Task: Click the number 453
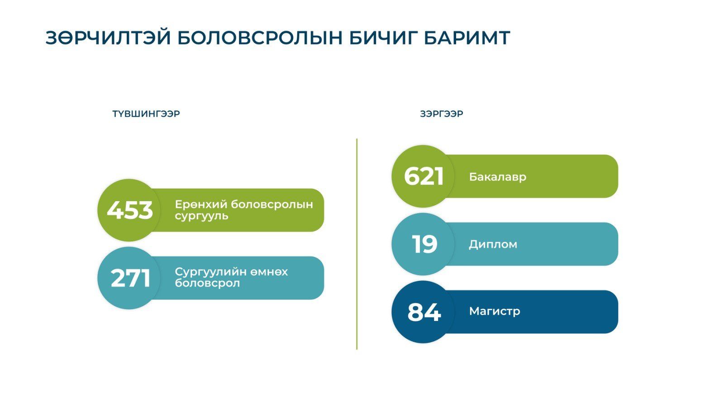coord(129,210)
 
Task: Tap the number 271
coord(130,278)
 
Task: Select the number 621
coord(424,176)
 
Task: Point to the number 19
coord(424,244)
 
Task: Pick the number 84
coord(424,312)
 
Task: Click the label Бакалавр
coord(498,177)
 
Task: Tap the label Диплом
coord(493,245)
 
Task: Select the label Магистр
coord(495,311)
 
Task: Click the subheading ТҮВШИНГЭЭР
coord(146,114)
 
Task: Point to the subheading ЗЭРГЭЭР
coord(442,114)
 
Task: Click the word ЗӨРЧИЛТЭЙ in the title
coord(108,38)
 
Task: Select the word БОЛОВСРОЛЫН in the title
coord(260,38)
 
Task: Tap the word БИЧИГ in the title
coord(383,38)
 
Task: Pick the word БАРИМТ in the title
coord(467,38)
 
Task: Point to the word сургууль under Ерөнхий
coord(202,216)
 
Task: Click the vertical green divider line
coord(357,244)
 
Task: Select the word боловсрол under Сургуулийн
coord(207,283)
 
